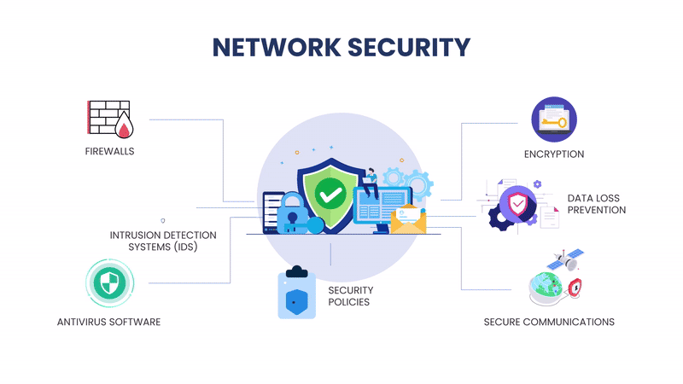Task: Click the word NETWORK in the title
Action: tap(272, 47)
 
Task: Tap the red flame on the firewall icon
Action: tap(126, 129)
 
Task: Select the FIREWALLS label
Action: tap(109, 152)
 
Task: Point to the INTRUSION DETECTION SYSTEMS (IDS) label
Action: tap(162, 241)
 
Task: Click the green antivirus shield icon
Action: tap(108, 284)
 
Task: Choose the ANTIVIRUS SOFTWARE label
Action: tap(108, 322)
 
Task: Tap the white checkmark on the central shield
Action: tap(329, 194)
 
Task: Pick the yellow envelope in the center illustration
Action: tap(408, 221)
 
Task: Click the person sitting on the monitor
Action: tap(371, 178)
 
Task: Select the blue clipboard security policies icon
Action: tap(296, 294)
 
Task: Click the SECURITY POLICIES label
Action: tap(351, 296)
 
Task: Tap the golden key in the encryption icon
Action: tap(555, 122)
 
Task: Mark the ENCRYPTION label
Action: tap(554, 154)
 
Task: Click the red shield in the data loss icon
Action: tap(517, 205)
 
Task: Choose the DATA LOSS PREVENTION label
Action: tap(596, 204)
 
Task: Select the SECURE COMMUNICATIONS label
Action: tap(549, 322)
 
